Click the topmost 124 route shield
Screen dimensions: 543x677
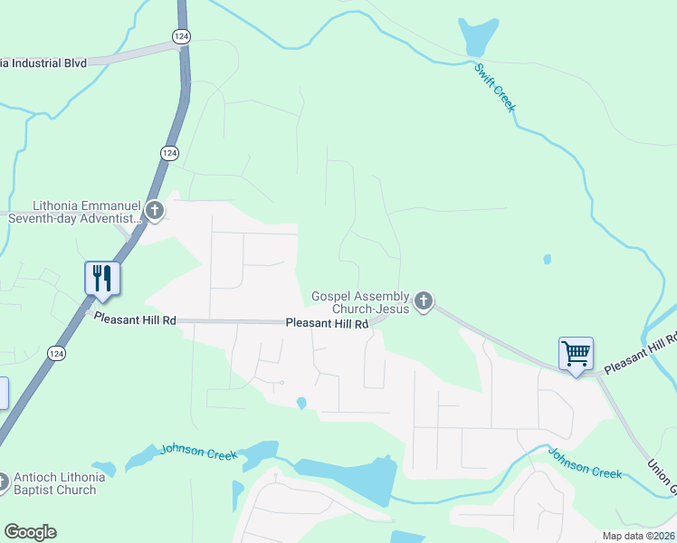(182, 35)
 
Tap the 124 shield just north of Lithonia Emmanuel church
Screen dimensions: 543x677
(169, 153)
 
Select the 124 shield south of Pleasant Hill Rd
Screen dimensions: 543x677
(56, 352)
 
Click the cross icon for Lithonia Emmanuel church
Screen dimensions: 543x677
(155, 212)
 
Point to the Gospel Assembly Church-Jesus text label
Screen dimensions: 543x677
(360, 302)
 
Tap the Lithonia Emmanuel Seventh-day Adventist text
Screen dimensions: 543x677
(75, 212)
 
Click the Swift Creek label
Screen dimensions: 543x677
(495, 88)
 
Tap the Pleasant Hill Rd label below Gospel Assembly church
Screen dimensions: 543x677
(327, 323)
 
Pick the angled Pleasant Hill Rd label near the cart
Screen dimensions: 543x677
(641, 353)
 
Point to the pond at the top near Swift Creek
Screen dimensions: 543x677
(477, 37)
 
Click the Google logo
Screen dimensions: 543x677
(30, 532)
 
